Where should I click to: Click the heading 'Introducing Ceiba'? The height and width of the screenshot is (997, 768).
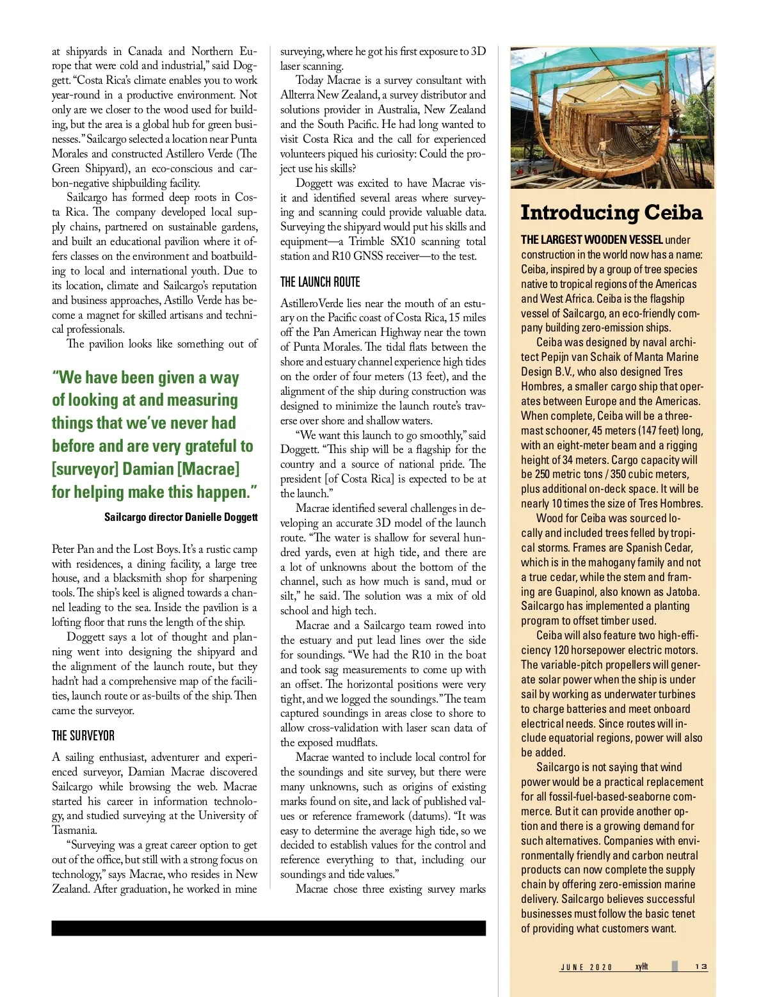(x=611, y=212)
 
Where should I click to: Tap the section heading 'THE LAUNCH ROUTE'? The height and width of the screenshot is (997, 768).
(x=320, y=282)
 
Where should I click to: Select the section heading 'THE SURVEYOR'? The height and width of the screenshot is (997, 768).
(x=83, y=736)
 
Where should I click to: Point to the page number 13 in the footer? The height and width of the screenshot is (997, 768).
(x=701, y=967)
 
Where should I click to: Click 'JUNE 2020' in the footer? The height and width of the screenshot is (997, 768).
(x=586, y=968)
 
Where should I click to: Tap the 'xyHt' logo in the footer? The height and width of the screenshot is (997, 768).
(x=641, y=966)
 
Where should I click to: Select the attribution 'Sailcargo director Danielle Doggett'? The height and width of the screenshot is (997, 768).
(x=181, y=517)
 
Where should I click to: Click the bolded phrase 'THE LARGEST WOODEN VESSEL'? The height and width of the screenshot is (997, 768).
(x=591, y=240)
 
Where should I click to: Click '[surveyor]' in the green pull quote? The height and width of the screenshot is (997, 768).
(x=85, y=469)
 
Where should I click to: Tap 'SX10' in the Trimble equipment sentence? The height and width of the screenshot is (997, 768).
(x=403, y=241)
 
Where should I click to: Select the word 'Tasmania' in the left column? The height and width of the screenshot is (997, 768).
(x=74, y=830)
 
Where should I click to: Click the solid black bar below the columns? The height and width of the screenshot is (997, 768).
(x=268, y=929)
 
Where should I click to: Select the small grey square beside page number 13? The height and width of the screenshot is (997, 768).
(x=675, y=966)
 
